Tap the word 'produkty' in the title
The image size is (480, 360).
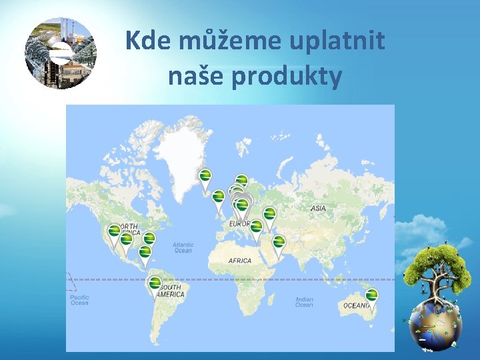(x=288, y=77)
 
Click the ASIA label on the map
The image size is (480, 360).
(x=318, y=209)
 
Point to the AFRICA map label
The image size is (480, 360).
(x=240, y=260)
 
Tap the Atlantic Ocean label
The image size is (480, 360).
(x=183, y=247)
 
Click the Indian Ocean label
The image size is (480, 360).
(x=304, y=302)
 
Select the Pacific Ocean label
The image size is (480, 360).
(x=79, y=300)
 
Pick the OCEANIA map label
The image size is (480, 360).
(x=357, y=306)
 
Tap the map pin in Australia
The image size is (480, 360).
(x=371, y=295)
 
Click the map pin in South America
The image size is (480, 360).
(x=155, y=284)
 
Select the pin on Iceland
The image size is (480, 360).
(x=205, y=176)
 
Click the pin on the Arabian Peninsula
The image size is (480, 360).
(x=279, y=242)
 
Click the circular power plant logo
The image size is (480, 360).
(x=61, y=53)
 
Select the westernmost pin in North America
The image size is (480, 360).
(x=114, y=231)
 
